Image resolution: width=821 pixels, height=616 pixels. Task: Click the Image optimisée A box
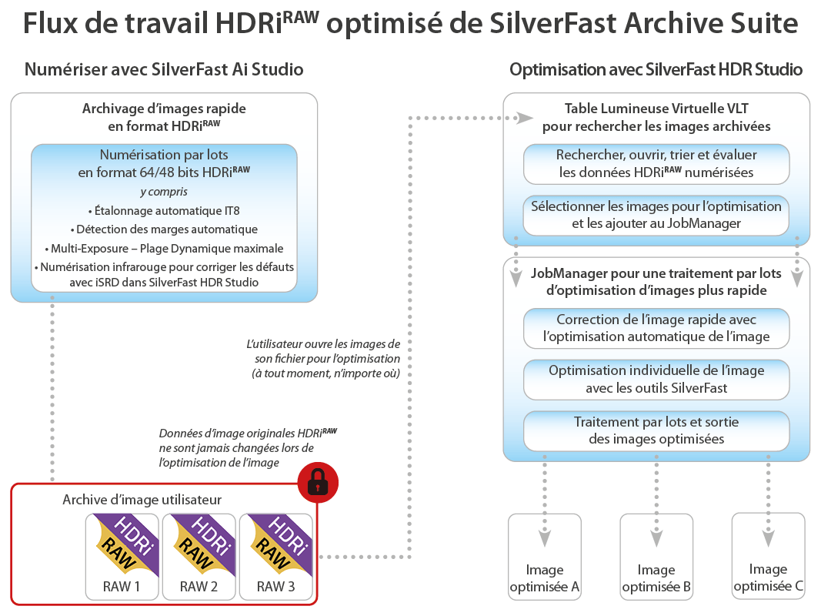tap(545, 557)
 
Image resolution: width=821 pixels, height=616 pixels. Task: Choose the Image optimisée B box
tap(656, 557)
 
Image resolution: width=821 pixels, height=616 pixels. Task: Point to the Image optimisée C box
tap(768, 557)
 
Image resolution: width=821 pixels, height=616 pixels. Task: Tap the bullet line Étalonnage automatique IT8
tap(164, 209)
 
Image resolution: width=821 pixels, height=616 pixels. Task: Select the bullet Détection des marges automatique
tap(164, 229)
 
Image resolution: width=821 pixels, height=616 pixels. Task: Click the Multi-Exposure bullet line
tap(164, 248)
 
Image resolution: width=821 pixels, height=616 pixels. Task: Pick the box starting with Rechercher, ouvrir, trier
tap(656, 164)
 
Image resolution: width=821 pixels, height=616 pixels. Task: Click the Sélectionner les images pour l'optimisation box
tap(656, 215)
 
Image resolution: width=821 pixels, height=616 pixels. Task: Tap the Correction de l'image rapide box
tap(656, 328)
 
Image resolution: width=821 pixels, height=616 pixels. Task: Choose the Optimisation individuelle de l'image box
tap(656, 379)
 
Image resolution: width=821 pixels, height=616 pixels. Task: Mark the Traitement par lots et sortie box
tap(656, 430)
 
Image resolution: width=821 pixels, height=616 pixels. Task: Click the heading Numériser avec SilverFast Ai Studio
tap(164, 69)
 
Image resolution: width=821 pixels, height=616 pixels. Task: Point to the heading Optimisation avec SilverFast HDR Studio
tap(656, 69)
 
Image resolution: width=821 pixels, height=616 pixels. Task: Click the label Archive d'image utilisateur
tap(142, 500)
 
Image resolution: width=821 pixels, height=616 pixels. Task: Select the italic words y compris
tap(164, 191)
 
